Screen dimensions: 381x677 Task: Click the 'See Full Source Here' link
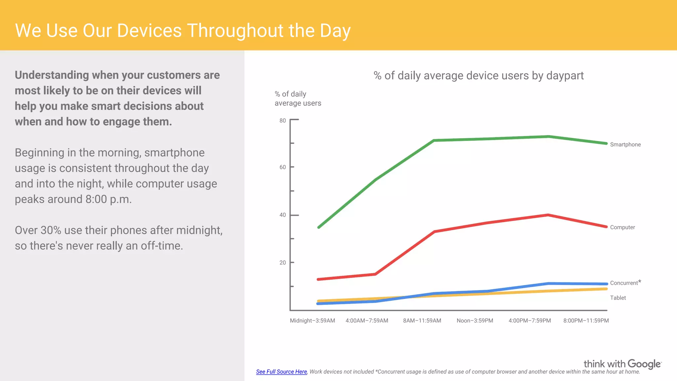pyautogui.click(x=281, y=372)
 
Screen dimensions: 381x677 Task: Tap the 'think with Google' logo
pyautogui.click(x=622, y=364)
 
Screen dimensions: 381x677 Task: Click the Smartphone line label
pyautogui.click(x=625, y=145)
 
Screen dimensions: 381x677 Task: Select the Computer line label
pyautogui.click(x=622, y=227)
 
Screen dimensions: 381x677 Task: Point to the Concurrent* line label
pyautogui.click(x=625, y=283)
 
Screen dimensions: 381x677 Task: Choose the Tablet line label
pyautogui.click(x=618, y=298)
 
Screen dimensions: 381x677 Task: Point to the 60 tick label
pyautogui.click(x=283, y=167)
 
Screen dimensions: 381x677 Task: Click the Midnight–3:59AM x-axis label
pyautogui.click(x=312, y=320)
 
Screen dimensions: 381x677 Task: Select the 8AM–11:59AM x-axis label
pyautogui.click(x=422, y=320)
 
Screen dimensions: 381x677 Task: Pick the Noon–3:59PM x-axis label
pyautogui.click(x=475, y=320)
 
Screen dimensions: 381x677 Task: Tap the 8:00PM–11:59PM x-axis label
pyautogui.click(x=586, y=320)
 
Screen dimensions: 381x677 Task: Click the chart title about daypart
pyautogui.click(x=478, y=76)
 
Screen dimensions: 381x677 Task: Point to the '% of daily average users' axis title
pyautogui.click(x=298, y=99)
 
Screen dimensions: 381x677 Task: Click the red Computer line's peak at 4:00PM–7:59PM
pyautogui.click(x=548, y=215)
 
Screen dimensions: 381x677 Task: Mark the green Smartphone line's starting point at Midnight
pyautogui.click(x=318, y=228)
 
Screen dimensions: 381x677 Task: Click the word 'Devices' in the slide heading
pyautogui.click(x=149, y=31)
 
